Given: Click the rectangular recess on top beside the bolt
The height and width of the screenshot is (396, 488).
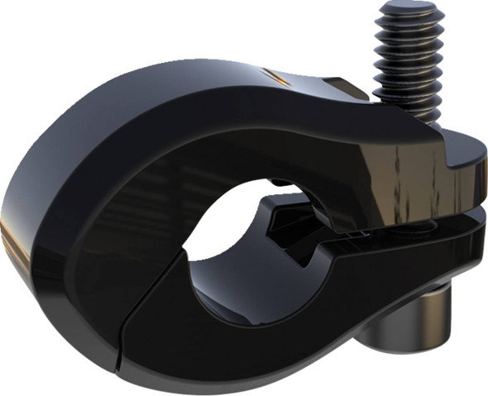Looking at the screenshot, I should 343,87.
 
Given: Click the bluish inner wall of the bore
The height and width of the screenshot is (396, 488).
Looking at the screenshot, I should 248,289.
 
